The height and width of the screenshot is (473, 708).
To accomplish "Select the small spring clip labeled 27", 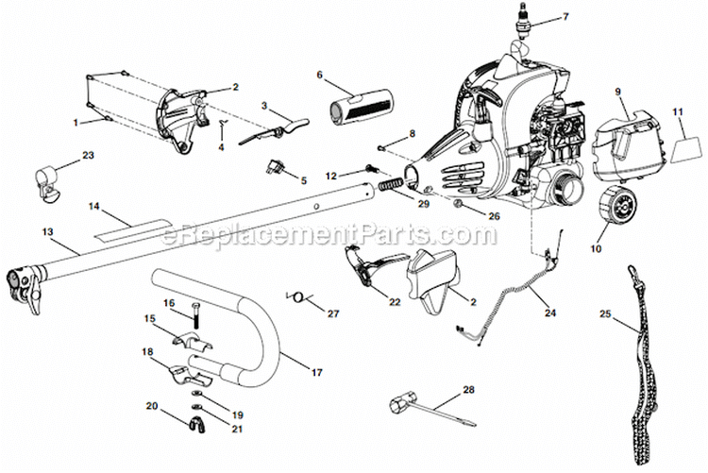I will click(x=299, y=297).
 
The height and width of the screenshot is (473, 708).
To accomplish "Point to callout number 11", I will click(x=677, y=112).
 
